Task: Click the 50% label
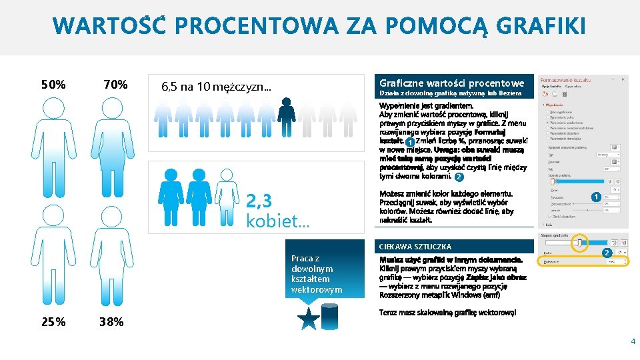pyautogui.click(x=53, y=85)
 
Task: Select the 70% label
pyautogui.click(x=116, y=85)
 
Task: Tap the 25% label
pyautogui.click(x=53, y=322)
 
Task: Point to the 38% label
pyautogui.click(x=111, y=322)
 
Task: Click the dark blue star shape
pyautogui.click(x=309, y=319)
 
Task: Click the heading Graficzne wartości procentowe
pyautogui.click(x=451, y=83)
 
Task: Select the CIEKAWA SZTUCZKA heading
pyautogui.click(x=415, y=247)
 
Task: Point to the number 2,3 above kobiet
pyautogui.click(x=259, y=201)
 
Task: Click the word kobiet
pyautogui.click(x=277, y=221)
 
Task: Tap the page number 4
pyautogui.click(x=633, y=341)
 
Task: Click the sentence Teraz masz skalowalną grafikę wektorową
pyautogui.click(x=447, y=313)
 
